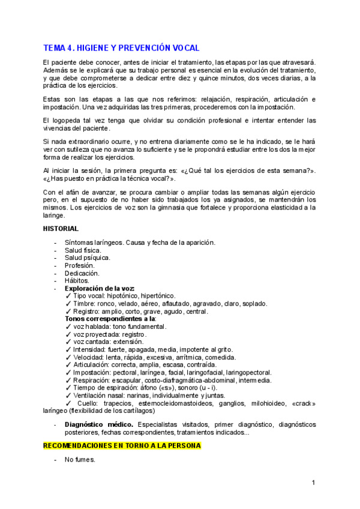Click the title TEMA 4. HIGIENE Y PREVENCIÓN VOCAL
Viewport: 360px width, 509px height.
[121, 48]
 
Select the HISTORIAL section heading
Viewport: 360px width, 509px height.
[61, 229]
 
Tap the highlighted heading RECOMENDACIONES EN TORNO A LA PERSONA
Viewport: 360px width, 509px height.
[122, 446]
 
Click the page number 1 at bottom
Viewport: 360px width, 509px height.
[314, 483]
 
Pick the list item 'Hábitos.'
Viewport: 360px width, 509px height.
[77, 280]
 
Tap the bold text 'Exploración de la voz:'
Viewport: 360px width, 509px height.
[100, 288]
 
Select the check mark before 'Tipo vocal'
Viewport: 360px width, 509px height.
[68, 296]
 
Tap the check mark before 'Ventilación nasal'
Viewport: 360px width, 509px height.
[68, 396]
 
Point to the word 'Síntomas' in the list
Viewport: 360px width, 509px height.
[79, 242]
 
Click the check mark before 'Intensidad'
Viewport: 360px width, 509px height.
[68, 349]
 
